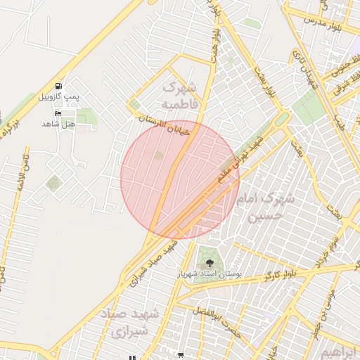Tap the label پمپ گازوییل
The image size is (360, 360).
[55, 96]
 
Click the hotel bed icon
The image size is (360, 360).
[58, 113]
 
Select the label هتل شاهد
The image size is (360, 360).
[58, 124]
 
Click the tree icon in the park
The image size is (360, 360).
[210, 263]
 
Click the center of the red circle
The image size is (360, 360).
[180, 179]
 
